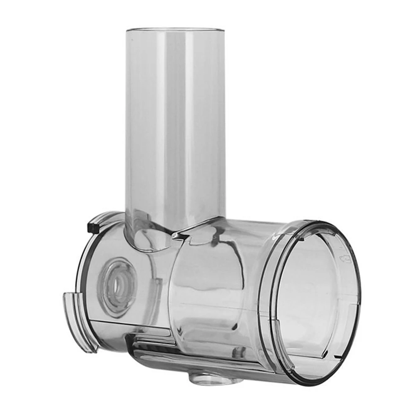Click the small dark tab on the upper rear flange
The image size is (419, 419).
coord(91,229)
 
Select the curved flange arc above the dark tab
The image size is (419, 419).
coord(105,217)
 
